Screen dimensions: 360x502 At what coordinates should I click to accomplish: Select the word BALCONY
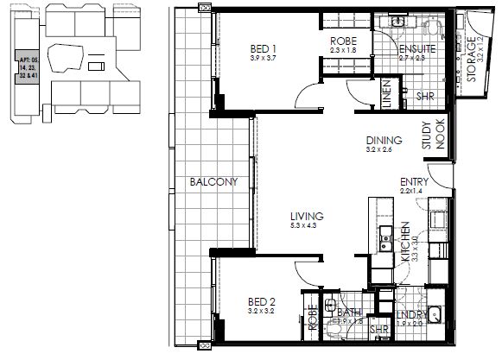pos(214,182)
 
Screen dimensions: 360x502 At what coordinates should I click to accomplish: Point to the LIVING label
pos(307,216)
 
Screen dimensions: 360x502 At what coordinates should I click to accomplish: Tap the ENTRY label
pos(415,182)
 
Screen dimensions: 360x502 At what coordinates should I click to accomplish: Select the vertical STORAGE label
pos(471,61)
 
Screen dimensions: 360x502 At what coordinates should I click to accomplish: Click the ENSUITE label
pos(416,50)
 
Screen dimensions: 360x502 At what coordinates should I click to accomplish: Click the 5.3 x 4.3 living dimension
pos(307,226)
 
